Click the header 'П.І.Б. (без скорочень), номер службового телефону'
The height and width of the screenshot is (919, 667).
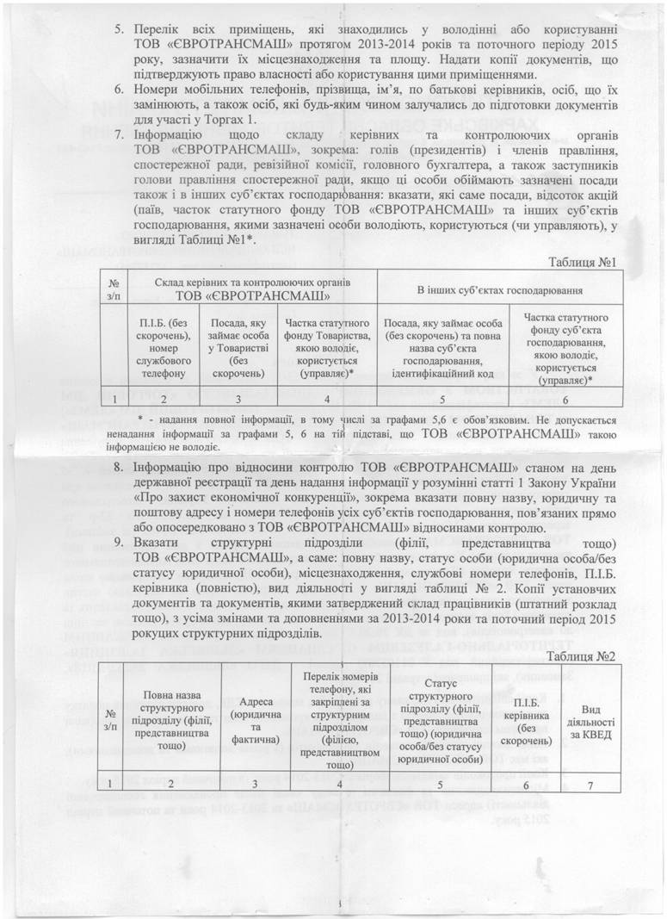tap(160, 348)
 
